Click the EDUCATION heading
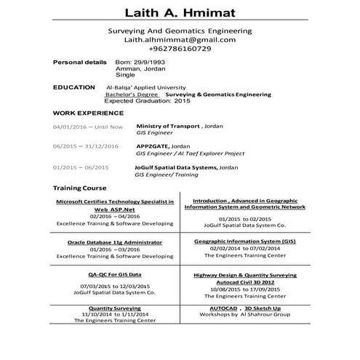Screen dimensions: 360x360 74,87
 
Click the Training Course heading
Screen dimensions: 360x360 80,188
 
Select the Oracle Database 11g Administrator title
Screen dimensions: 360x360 114,241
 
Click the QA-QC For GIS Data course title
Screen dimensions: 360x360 114,275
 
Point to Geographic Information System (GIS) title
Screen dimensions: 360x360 244,240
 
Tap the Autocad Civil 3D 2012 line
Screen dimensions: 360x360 244,283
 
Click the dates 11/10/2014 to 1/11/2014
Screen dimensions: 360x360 114,313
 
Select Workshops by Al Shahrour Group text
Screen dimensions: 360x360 244,313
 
